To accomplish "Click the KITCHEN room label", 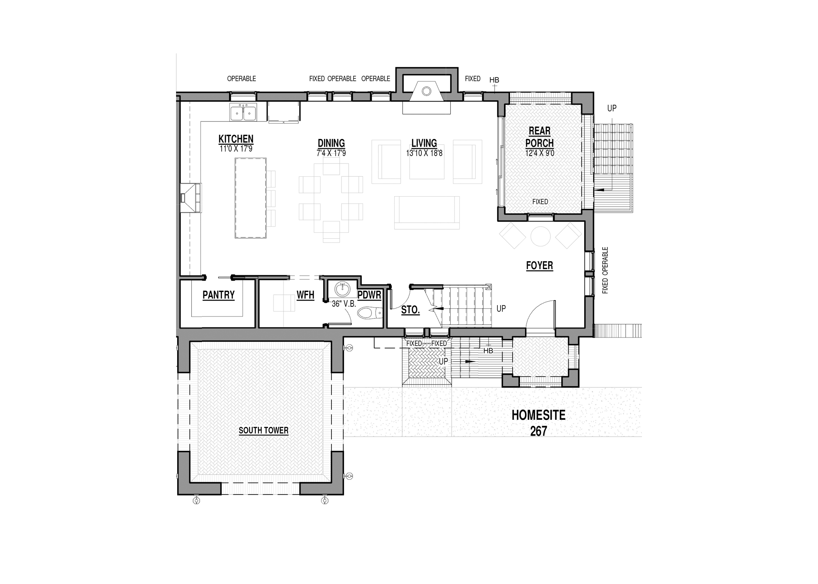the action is tap(236, 139).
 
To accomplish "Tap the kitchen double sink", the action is tap(243, 113).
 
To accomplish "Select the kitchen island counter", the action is tap(250, 198).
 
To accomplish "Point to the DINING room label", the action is tap(331, 143).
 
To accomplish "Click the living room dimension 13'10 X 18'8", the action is tap(424, 153).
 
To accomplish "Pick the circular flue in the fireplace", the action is tap(427, 91).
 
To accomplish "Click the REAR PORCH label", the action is tap(539, 137).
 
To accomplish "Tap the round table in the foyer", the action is tap(540, 236).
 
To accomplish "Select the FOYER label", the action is tap(539, 266).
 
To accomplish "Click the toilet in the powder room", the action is tap(370, 313).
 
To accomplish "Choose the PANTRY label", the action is tap(219, 295).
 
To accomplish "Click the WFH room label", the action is tap(305, 295).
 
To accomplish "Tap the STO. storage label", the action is tap(411, 310).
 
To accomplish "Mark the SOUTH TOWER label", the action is tap(264, 431).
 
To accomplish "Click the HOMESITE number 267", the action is tap(538, 431).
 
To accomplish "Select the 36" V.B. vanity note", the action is tap(344, 304).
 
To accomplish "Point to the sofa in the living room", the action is tap(427, 213).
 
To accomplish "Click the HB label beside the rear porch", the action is tap(494, 80).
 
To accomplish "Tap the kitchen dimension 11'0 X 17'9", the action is tap(236, 149).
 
